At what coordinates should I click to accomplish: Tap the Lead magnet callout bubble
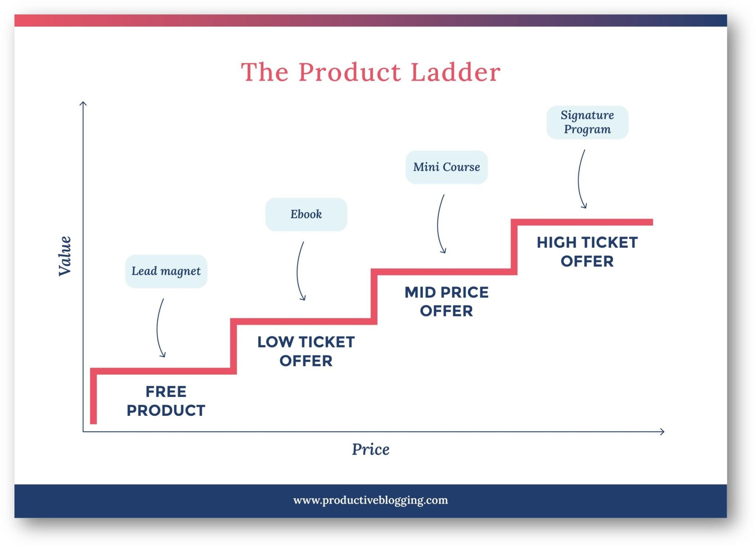click(x=166, y=271)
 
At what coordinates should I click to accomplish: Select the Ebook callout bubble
click(x=306, y=214)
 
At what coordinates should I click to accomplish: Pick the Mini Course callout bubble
click(x=446, y=167)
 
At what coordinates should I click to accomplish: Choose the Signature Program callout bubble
click(x=587, y=122)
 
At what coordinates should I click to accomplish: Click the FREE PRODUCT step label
click(x=166, y=401)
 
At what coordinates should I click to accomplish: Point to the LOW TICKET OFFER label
click(x=306, y=351)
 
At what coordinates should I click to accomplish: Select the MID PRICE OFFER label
click(x=446, y=301)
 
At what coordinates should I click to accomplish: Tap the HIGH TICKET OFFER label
click(x=587, y=252)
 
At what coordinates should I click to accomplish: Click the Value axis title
click(x=65, y=256)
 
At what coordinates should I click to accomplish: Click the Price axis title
click(x=371, y=449)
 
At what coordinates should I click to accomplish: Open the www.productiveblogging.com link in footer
click(x=371, y=500)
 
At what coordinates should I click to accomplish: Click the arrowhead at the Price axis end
click(x=663, y=432)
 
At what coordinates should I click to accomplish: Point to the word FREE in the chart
click(x=166, y=392)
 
